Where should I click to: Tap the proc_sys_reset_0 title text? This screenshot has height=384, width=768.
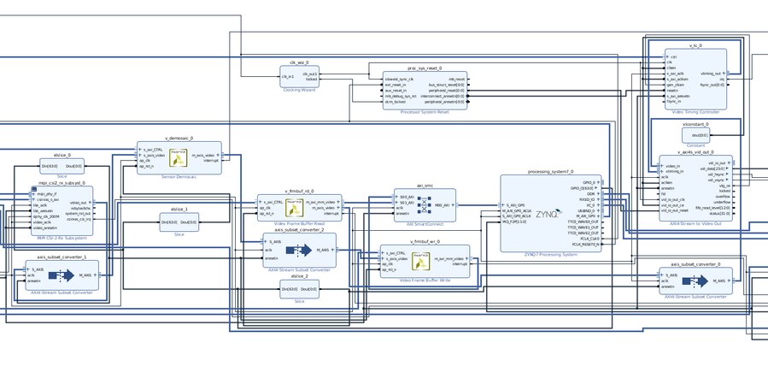(x=424, y=66)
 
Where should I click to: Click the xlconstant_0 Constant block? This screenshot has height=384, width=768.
(x=695, y=134)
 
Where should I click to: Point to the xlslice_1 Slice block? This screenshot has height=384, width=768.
(x=179, y=222)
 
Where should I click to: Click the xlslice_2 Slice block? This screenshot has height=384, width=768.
(x=299, y=289)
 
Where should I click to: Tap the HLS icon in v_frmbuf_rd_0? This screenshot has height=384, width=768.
(x=294, y=207)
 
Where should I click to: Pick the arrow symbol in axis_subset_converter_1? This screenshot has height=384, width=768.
(x=62, y=275)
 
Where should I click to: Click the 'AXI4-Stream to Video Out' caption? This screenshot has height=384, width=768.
(x=695, y=223)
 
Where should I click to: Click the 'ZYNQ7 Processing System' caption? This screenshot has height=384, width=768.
(x=550, y=255)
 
